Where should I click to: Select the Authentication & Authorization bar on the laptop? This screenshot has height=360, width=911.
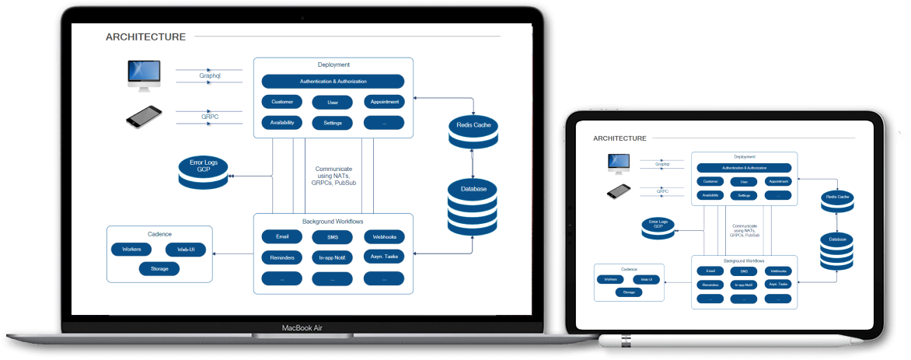click(x=333, y=81)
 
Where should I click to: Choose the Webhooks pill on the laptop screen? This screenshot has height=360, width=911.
click(x=384, y=236)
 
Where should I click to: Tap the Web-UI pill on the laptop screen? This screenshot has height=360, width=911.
click(x=186, y=250)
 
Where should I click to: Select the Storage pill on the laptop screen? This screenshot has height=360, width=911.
click(x=159, y=268)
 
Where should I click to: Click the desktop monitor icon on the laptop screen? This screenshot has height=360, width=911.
click(x=144, y=75)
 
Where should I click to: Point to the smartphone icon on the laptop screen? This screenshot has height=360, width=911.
click(x=144, y=117)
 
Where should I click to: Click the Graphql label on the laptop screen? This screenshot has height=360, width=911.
click(x=210, y=76)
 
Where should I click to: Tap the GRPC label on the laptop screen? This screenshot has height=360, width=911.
click(x=210, y=117)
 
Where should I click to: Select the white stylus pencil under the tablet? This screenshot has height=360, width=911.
click(x=731, y=341)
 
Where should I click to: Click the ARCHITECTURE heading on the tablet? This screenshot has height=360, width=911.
click(x=620, y=138)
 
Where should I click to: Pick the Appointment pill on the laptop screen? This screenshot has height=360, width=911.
click(x=384, y=102)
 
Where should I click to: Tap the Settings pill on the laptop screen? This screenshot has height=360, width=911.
click(x=332, y=123)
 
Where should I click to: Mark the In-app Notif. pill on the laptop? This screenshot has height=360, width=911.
click(x=332, y=257)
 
